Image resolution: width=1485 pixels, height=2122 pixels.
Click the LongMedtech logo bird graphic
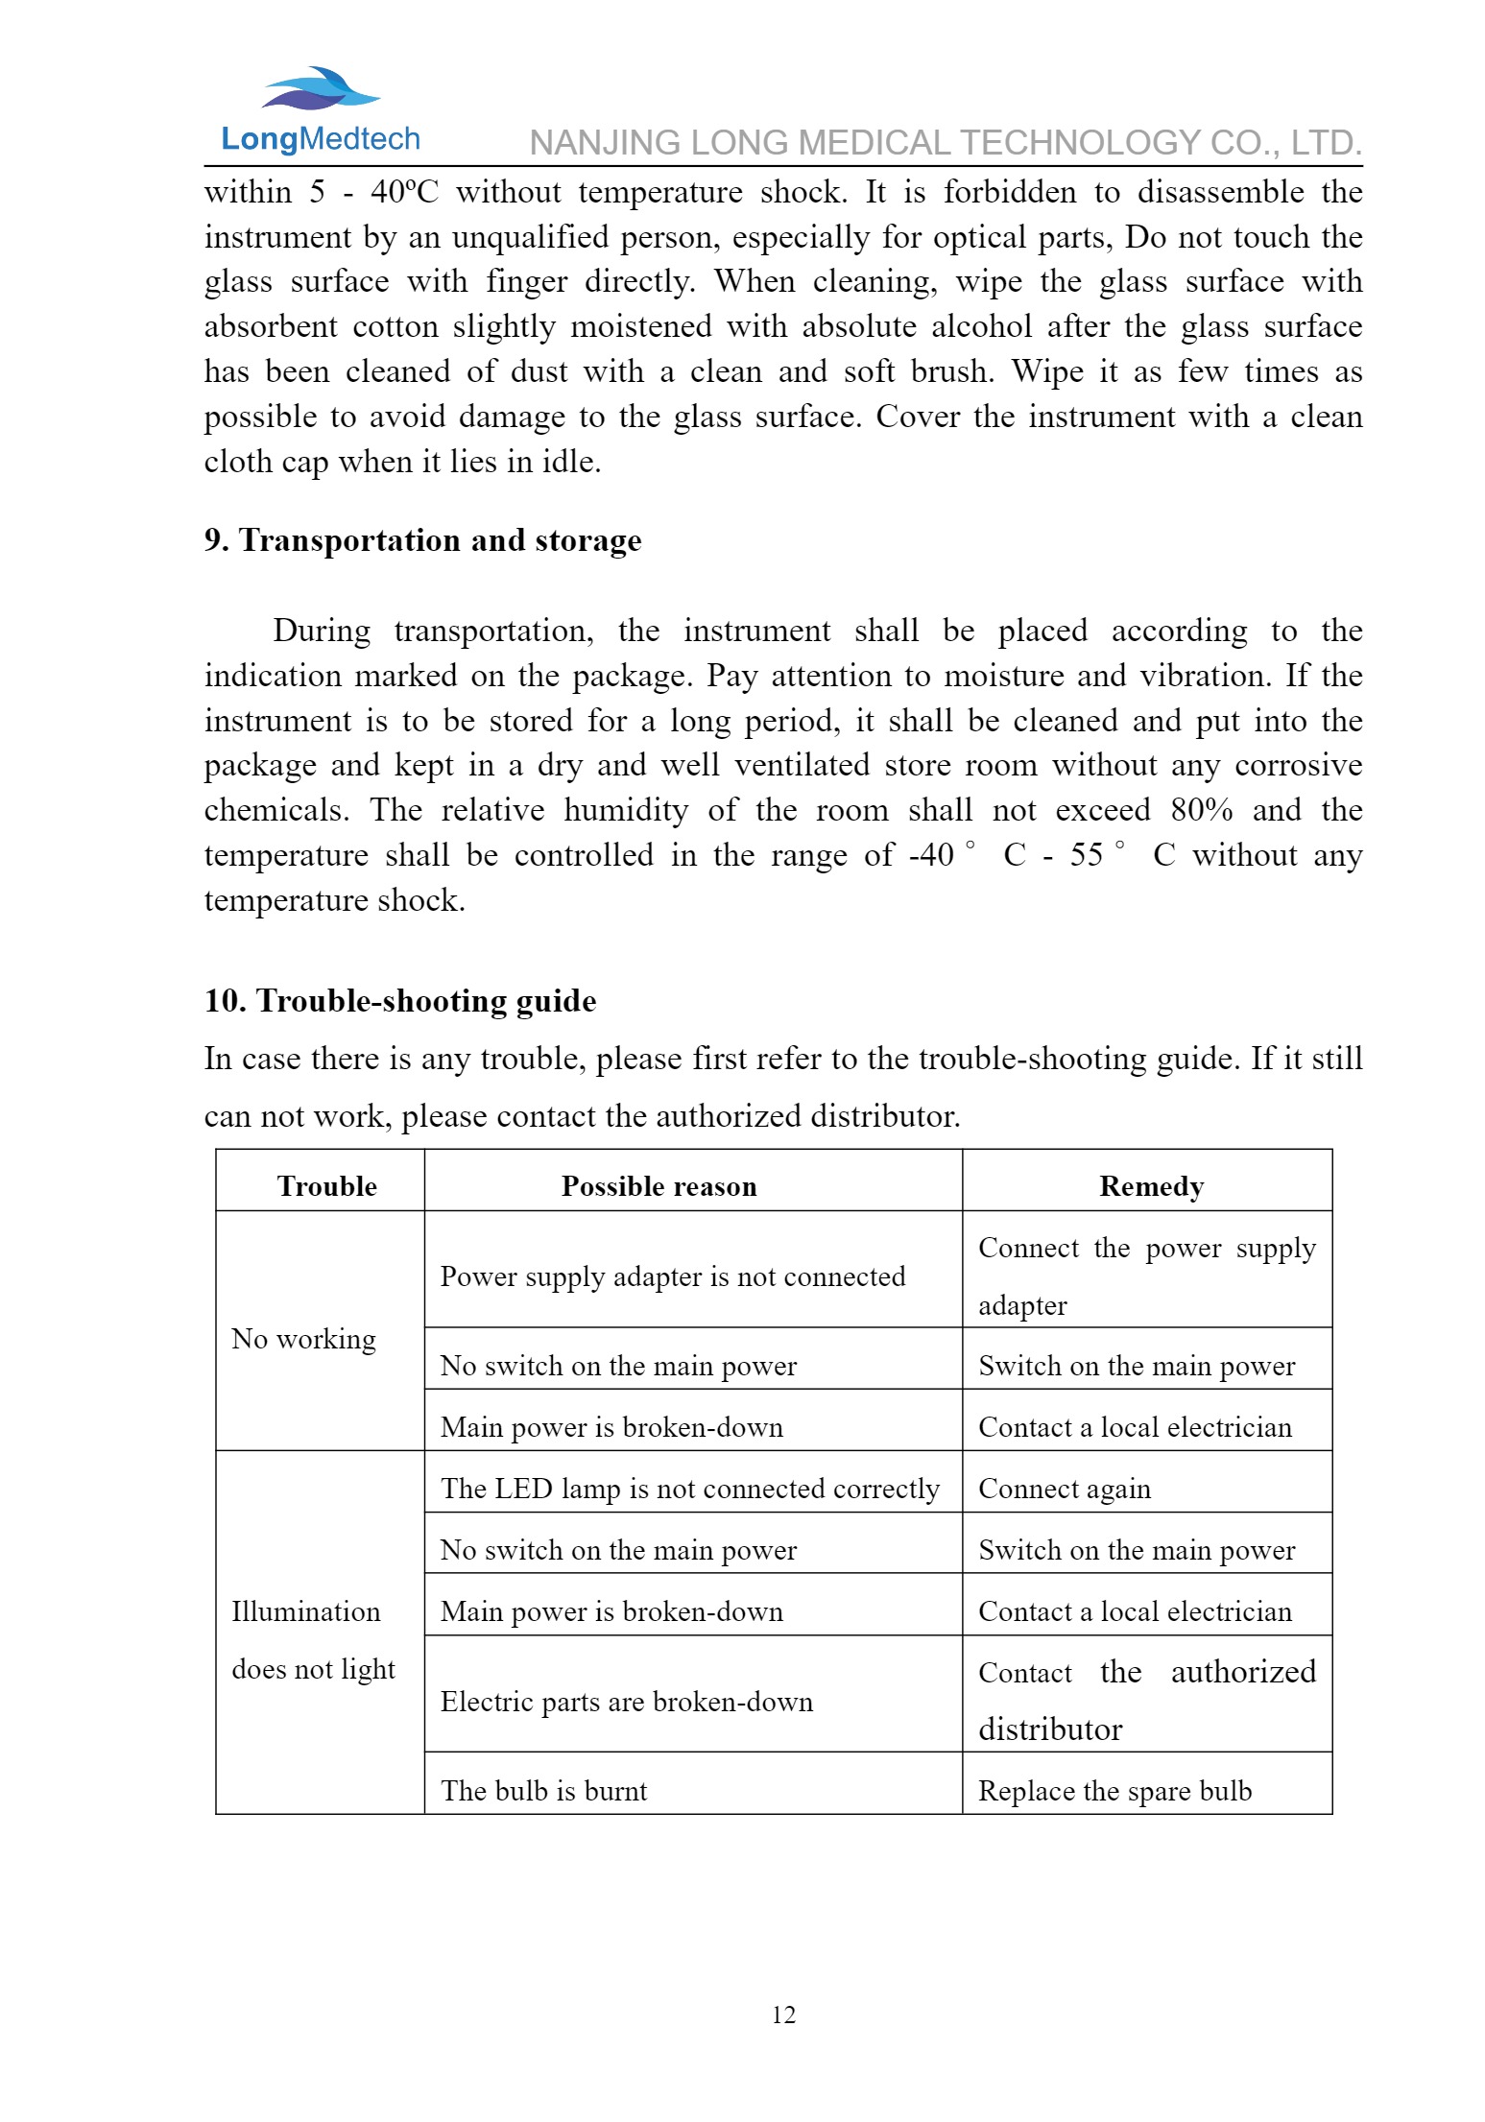tap(321, 88)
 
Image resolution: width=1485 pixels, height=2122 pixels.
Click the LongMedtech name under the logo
tap(320, 139)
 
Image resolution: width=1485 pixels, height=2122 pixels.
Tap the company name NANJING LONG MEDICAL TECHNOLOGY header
tap(945, 143)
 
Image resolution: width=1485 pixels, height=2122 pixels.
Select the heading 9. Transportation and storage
tap(422, 540)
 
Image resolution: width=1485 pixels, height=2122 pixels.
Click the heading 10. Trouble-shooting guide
tap(399, 1001)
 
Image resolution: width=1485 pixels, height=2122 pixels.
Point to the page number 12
tap(783, 2015)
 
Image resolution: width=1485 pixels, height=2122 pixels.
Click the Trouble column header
tap(326, 1186)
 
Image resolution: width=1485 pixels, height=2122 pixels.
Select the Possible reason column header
tap(659, 1186)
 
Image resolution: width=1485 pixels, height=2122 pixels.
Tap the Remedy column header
tap(1150, 1186)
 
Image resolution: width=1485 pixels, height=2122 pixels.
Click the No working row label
tap(303, 1339)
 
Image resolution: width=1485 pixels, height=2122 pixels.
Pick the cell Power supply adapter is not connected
tap(672, 1276)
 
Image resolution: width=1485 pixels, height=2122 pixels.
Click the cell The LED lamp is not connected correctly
tap(689, 1489)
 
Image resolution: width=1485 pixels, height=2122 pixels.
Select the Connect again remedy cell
tap(1064, 1489)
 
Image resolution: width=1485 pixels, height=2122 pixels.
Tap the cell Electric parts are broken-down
tap(626, 1702)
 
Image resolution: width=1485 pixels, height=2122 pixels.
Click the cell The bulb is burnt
tap(543, 1791)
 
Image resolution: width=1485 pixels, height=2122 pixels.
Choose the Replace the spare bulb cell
tap(1114, 1791)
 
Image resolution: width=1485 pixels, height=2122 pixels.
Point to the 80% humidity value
tap(1201, 810)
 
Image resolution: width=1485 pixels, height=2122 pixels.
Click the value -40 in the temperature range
tap(931, 855)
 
